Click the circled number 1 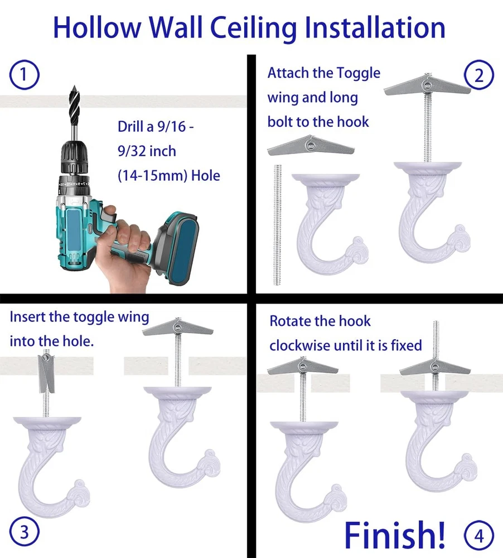coord(24,75)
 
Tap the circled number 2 coord(479,75)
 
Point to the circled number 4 coord(479,536)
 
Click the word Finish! coord(394,535)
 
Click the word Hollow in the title coord(97,28)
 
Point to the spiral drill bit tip coord(74,88)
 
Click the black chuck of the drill coord(74,157)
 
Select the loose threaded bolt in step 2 coord(278,224)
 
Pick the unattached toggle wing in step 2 coord(311,145)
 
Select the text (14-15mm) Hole coord(169,176)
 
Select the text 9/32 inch coord(147,151)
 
